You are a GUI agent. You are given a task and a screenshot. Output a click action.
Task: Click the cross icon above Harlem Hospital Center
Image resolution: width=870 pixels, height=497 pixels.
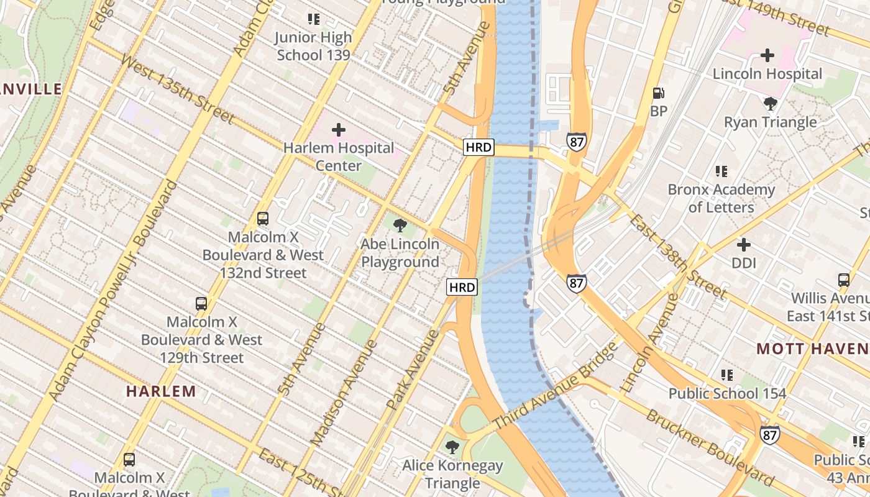(x=339, y=130)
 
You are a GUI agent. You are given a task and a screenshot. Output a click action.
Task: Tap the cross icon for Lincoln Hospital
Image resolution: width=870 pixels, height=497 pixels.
(x=767, y=55)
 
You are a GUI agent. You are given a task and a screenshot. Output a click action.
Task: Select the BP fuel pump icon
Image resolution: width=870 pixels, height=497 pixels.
(x=659, y=93)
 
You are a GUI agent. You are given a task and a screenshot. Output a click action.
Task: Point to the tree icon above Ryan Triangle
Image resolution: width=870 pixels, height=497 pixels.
(x=771, y=103)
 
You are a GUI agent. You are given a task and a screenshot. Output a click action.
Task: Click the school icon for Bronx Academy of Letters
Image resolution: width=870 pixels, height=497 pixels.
(x=721, y=171)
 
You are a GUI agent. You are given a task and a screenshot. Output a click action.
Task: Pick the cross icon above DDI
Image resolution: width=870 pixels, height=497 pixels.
(x=743, y=245)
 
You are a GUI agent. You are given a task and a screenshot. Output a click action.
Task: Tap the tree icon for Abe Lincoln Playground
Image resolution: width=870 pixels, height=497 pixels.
(x=401, y=226)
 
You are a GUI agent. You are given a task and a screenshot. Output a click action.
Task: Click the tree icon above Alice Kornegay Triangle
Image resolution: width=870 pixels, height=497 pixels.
(x=452, y=447)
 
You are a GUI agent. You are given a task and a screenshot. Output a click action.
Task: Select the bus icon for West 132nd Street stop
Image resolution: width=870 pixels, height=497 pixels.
(x=263, y=219)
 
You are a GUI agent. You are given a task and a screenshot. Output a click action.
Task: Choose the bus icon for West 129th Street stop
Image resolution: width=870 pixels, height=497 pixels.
(x=201, y=304)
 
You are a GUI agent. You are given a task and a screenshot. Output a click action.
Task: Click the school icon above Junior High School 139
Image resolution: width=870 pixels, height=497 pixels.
(x=314, y=19)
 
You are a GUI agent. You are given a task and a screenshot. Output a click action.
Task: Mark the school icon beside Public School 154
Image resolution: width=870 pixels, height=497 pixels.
(x=727, y=375)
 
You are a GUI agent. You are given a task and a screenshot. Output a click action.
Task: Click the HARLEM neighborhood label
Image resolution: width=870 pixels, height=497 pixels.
(x=161, y=391)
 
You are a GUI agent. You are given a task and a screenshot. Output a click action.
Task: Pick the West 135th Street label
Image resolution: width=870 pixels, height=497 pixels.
(x=178, y=89)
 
